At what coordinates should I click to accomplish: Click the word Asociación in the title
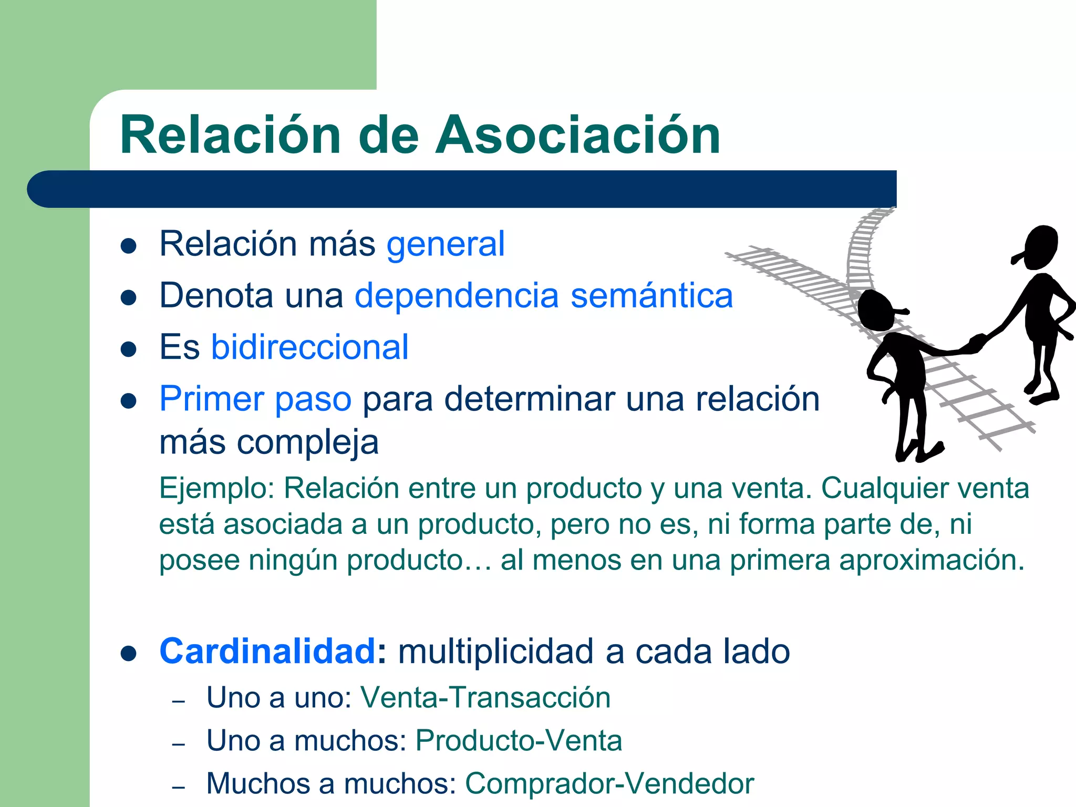tap(578, 136)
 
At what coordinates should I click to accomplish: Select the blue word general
tap(446, 244)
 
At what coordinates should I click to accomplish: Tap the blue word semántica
tap(651, 296)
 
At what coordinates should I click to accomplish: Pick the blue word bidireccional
tap(309, 347)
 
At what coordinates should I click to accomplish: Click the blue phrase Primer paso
tap(255, 399)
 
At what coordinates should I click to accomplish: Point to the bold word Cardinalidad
tap(267, 651)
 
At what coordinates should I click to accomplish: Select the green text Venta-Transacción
tap(485, 698)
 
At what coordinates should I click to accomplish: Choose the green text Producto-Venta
tap(519, 741)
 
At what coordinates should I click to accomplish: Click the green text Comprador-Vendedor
tap(609, 783)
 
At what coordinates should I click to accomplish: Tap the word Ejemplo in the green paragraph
tap(216, 489)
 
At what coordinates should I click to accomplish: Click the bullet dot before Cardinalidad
tap(129, 654)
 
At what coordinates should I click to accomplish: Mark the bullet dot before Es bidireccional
tap(129, 349)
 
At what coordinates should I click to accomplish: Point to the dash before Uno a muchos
tap(179, 744)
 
